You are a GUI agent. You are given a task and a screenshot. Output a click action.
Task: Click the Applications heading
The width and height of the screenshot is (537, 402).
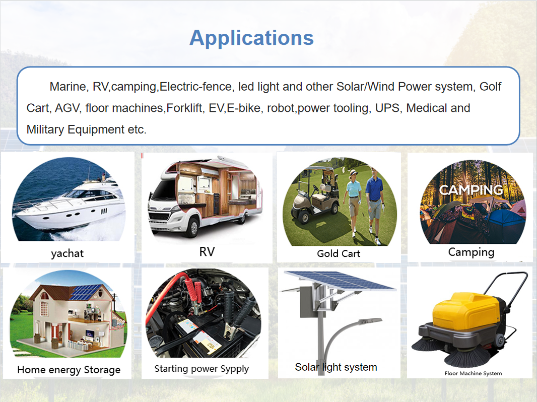(x=252, y=38)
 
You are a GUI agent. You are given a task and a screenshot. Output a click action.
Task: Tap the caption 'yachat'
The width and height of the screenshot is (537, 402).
(x=67, y=253)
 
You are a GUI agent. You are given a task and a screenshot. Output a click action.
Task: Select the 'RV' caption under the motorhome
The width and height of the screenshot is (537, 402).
(x=207, y=252)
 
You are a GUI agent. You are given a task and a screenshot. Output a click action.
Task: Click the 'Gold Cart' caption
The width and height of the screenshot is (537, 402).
(x=339, y=253)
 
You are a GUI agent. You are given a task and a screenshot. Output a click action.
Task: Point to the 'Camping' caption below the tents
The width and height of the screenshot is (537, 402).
(x=471, y=252)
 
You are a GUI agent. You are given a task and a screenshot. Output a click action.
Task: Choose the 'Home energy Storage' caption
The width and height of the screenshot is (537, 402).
(x=69, y=370)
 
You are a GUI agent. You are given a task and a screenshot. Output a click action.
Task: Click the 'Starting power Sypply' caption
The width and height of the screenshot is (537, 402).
(x=202, y=369)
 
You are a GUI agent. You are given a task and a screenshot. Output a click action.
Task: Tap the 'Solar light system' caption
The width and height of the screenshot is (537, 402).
(x=336, y=367)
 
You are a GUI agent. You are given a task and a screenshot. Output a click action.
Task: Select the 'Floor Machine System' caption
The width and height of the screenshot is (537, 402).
(x=474, y=373)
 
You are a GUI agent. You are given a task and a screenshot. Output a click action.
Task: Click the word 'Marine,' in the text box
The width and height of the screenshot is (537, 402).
(x=69, y=87)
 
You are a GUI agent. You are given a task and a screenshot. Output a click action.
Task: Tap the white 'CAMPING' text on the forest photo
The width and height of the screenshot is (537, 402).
(x=471, y=190)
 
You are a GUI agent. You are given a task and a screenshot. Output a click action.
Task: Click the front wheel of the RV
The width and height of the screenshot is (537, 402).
(x=192, y=227)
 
